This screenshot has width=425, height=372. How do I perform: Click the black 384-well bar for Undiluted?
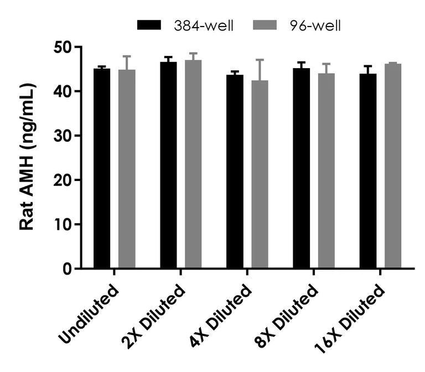pyautogui.click(x=101, y=169)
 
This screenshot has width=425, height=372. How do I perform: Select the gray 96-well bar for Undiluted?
pyautogui.click(x=127, y=169)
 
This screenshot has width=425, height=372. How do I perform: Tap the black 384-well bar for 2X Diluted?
pyautogui.click(x=168, y=166)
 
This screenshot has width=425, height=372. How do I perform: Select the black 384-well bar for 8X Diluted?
pyautogui.click(x=301, y=168)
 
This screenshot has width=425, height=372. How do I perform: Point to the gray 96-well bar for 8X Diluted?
pyautogui.click(x=326, y=171)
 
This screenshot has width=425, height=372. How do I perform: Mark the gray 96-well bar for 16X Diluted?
pyautogui.click(x=393, y=166)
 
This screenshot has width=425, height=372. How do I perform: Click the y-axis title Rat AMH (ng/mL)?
pyautogui.click(x=28, y=158)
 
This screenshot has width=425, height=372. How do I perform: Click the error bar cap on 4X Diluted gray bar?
pyautogui.click(x=260, y=60)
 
